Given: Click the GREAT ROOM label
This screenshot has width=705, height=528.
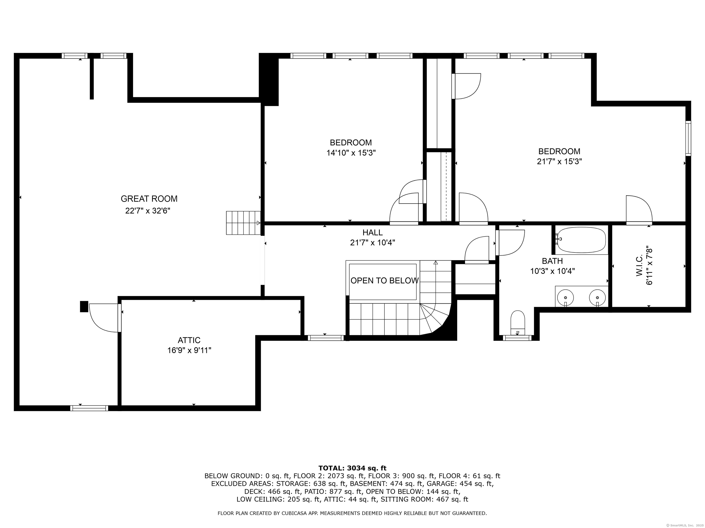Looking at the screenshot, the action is coord(149,199).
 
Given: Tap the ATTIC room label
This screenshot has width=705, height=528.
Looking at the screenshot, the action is coord(189,340).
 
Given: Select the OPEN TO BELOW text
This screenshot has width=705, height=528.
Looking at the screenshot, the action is coord(384,280).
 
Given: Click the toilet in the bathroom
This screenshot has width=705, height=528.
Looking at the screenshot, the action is coord(518,322).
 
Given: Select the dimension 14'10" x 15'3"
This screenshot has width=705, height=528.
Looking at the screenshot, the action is coord(351,153).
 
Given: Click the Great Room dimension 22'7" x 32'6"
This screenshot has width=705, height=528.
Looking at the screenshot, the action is coord(148,211).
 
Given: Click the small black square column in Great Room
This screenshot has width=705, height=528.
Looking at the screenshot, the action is coord(84,306).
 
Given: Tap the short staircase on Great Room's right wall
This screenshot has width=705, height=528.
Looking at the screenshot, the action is coord(243,223).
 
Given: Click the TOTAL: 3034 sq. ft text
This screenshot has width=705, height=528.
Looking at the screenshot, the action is coord(352,468).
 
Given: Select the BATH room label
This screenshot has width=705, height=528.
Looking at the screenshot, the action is coord(552,261).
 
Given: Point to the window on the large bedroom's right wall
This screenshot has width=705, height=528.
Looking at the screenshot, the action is coord(688,138).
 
